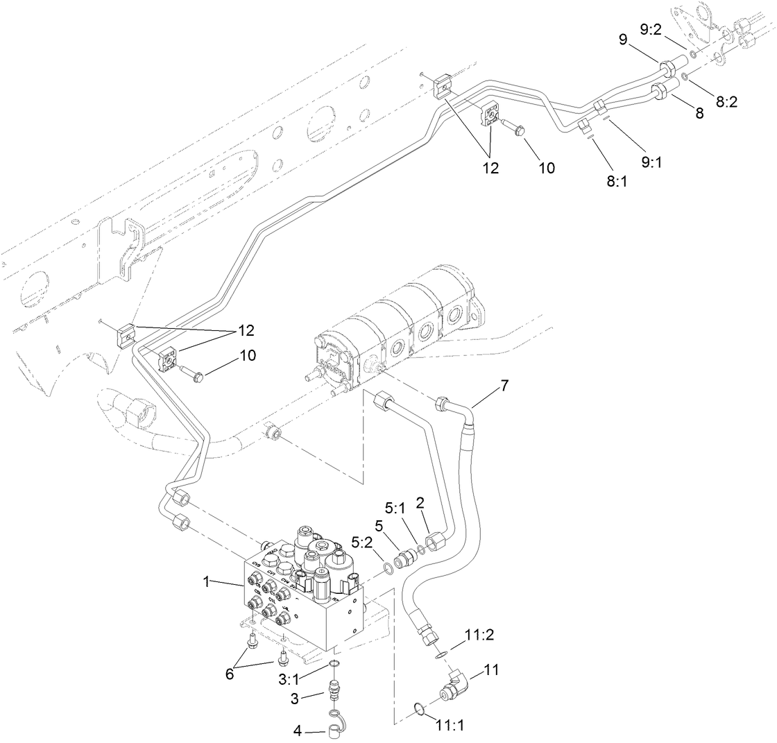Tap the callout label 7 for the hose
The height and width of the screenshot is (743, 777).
click(x=504, y=386)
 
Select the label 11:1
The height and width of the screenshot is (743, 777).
click(x=452, y=726)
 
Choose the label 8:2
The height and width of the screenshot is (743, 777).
click(x=727, y=101)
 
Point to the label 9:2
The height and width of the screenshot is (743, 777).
click(x=654, y=30)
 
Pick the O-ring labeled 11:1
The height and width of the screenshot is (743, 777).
click(x=419, y=708)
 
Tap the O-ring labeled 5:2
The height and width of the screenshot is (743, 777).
click(x=389, y=569)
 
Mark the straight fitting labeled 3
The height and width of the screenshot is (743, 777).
click(x=335, y=691)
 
